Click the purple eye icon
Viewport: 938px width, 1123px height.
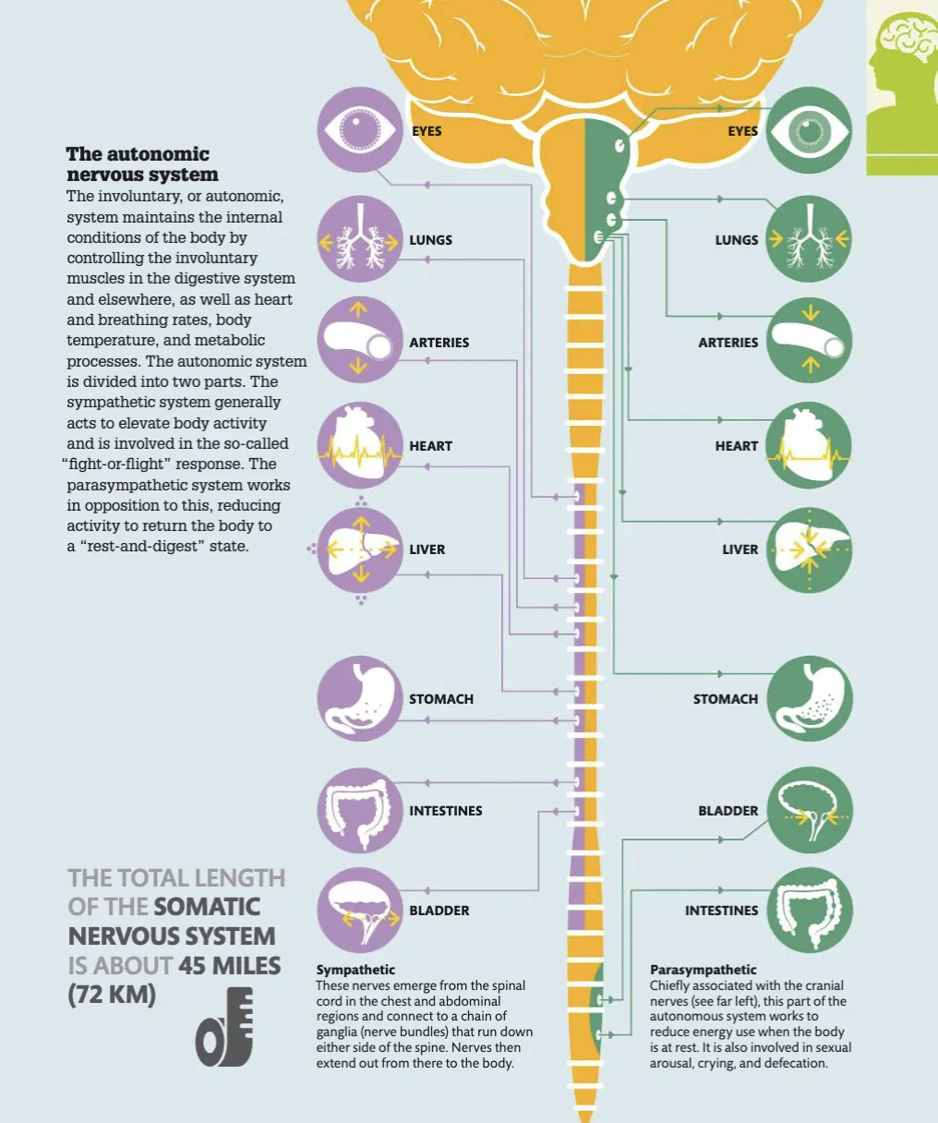(359, 130)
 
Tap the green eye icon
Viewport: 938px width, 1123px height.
(810, 130)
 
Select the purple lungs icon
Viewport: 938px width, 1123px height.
(359, 239)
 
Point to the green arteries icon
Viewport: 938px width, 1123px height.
(810, 342)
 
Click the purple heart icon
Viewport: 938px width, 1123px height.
(359, 446)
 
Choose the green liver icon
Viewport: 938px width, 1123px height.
(810, 549)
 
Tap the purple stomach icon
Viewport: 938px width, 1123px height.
(359, 699)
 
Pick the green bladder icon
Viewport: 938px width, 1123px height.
(810, 811)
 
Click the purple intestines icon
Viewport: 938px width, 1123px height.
(359, 811)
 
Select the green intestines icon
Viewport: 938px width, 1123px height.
(810, 911)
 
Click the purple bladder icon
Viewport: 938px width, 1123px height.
(359, 911)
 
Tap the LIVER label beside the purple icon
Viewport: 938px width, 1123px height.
(427, 549)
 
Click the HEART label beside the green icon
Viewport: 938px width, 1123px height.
(737, 446)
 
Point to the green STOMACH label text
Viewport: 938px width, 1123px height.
(726, 699)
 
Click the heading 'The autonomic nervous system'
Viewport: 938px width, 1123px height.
(142, 164)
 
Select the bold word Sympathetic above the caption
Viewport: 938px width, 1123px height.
(355, 970)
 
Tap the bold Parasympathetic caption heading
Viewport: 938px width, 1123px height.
(703, 970)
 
